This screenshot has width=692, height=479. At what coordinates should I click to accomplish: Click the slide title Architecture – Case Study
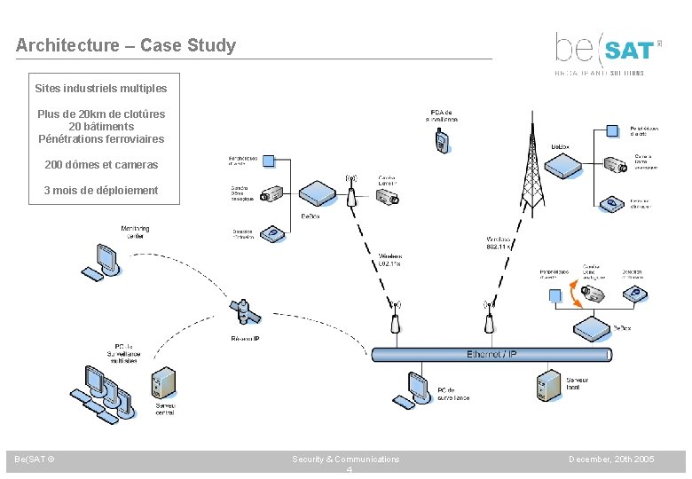(x=126, y=45)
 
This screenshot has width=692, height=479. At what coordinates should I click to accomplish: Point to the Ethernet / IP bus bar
(x=491, y=354)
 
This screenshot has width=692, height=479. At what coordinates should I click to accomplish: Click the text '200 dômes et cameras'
(x=101, y=165)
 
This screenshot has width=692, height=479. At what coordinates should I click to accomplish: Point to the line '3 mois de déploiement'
(x=101, y=191)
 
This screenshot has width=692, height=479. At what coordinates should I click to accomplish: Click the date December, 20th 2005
(x=612, y=459)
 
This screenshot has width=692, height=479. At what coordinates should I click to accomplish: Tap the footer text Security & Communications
(x=346, y=459)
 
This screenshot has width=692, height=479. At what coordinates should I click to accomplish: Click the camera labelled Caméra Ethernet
(x=387, y=198)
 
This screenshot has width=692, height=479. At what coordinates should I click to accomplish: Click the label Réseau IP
(x=245, y=338)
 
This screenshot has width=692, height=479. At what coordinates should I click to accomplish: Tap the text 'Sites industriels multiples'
(x=101, y=89)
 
